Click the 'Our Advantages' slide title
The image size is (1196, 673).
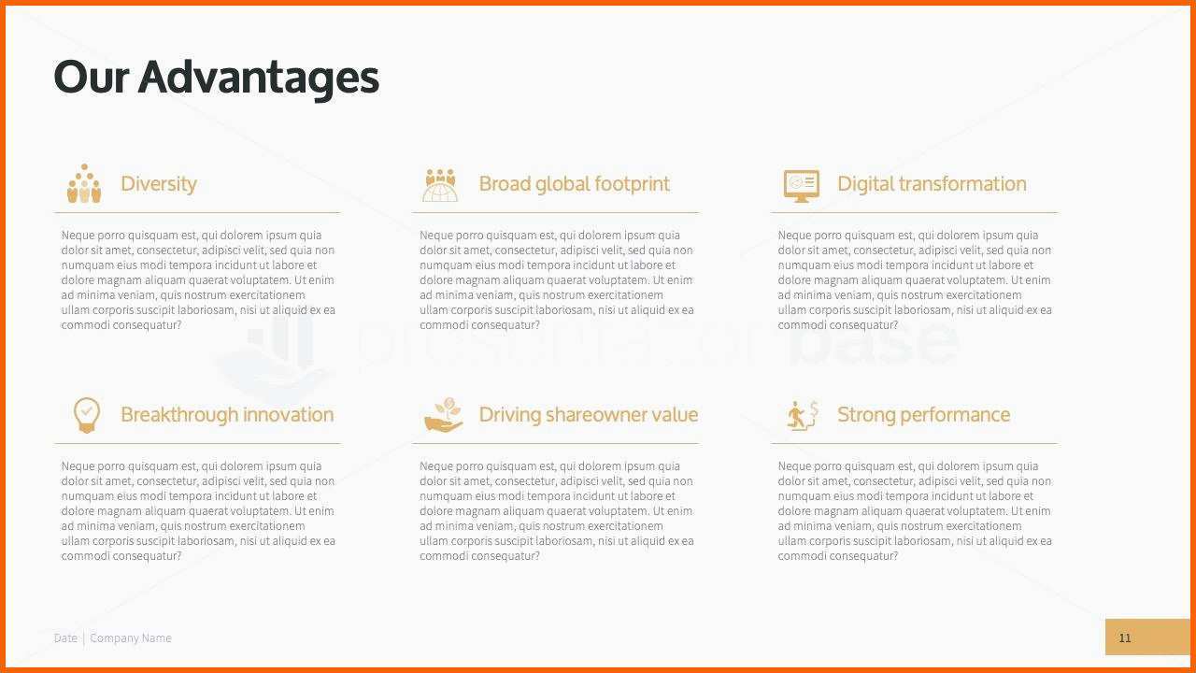(x=216, y=78)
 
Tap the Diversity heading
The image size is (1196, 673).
(x=159, y=184)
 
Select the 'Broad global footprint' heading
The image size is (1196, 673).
(x=574, y=184)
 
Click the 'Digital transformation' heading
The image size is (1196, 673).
(x=932, y=184)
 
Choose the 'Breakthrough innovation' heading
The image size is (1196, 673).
(x=227, y=415)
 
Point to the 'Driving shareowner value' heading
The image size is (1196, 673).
(x=589, y=415)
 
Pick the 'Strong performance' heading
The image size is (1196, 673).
(x=924, y=415)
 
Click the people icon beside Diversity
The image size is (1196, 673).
(x=84, y=183)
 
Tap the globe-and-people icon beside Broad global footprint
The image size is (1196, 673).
(x=440, y=185)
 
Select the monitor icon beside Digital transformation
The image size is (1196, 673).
(x=802, y=186)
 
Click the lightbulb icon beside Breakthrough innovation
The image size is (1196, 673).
(x=87, y=415)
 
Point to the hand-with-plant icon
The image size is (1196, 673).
(x=443, y=414)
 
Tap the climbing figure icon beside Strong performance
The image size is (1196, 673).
(x=803, y=416)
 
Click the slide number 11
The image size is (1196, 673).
(x=1124, y=637)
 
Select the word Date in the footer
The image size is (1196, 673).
(x=65, y=637)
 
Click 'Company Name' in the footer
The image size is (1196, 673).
(x=131, y=638)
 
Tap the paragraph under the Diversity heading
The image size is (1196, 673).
(x=198, y=279)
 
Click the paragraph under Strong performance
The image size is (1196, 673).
(x=915, y=511)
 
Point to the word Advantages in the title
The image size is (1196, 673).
(x=259, y=79)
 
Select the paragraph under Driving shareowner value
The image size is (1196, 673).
(x=556, y=511)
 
